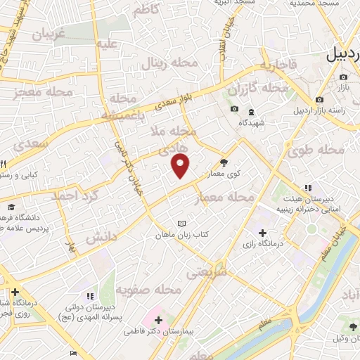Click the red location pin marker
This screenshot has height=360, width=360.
click(181, 166)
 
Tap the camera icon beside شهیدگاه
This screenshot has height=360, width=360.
click(234, 109)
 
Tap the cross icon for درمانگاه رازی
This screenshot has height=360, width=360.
click(262, 233)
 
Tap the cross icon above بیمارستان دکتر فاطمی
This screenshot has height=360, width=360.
click(159, 321)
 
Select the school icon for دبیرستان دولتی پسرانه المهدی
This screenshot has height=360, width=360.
click(89, 296)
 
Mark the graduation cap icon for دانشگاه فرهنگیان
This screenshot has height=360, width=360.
click(11, 207)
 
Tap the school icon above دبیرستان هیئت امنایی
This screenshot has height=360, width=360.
click(307, 188)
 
